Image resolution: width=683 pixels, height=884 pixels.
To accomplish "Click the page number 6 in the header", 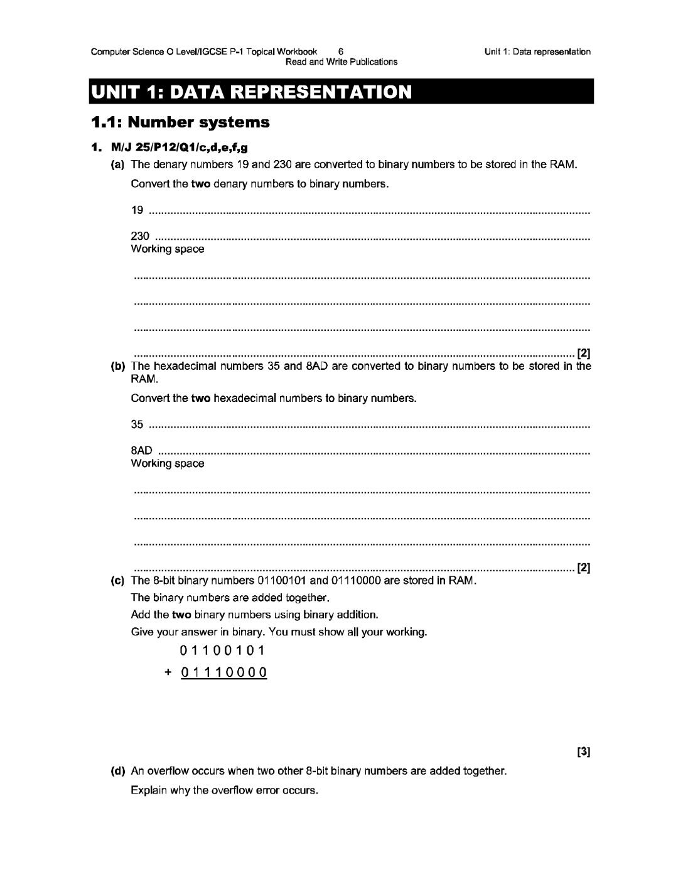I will tap(340, 52).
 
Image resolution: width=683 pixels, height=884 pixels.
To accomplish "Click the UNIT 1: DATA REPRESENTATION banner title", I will tap(251, 92).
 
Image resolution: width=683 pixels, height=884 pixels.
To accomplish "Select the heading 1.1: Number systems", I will tap(180, 122).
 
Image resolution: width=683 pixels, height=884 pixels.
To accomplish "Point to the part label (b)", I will tap(117, 366).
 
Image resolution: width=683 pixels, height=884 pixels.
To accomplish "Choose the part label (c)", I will tap(117, 581).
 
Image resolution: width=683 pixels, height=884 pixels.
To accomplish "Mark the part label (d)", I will tap(117, 771).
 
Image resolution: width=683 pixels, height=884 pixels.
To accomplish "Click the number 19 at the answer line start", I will tap(137, 210).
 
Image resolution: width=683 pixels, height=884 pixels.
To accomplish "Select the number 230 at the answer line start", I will tap(140, 236).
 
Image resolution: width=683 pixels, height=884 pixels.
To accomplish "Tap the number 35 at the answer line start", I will tap(137, 424).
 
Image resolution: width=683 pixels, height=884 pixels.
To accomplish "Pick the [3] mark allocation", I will tap(583, 752).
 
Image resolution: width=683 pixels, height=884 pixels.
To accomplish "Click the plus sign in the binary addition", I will tap(168, 672).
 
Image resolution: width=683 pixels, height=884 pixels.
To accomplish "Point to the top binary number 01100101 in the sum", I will tap(223, 650).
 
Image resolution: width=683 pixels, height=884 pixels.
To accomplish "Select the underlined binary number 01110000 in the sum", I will tap(223, 672).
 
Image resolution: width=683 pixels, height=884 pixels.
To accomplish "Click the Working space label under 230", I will tap(167, 249).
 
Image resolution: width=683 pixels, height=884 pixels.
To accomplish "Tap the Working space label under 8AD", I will tap(167, 464).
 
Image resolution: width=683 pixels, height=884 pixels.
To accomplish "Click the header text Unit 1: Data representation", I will tap(537, 52).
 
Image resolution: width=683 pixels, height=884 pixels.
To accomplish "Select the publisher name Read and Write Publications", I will tap(341, 62).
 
